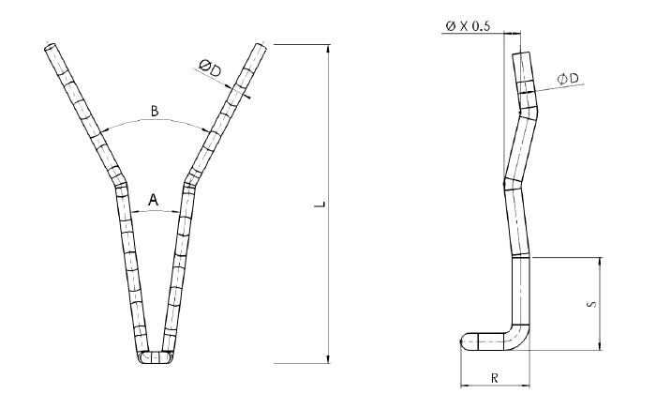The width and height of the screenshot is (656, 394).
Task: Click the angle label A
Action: click(x=155, y=199)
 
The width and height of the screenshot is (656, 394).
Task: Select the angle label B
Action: click(x=155, y=112)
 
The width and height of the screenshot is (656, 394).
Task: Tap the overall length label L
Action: click(x=319, y=203)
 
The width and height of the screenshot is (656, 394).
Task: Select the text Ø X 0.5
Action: click(x=469, y=26)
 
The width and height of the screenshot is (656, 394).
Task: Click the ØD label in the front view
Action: click(x=210, y=68)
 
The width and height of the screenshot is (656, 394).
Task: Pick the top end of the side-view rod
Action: click(x=521, y=53)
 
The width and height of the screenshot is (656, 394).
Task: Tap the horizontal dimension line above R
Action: click(x=493, y=384)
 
